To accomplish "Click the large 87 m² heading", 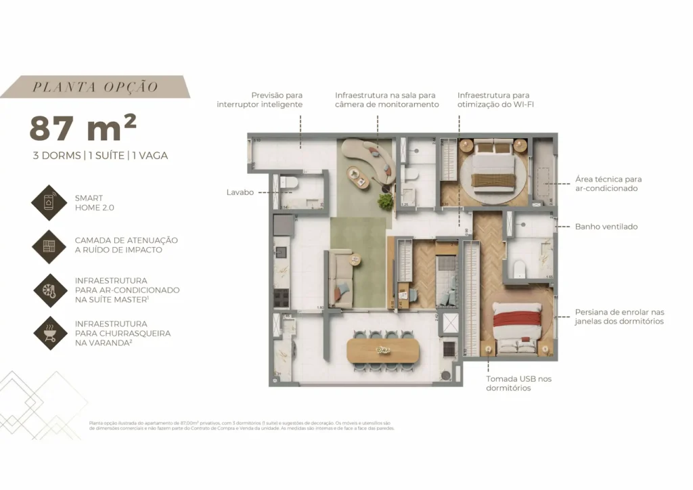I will pos(83,127).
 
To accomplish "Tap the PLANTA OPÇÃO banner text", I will pos(95,87).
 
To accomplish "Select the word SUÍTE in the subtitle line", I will pos(106,156).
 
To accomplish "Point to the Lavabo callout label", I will pos(240,192).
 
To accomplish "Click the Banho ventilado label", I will pos(606,227).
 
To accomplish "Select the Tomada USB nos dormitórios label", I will pos(518,383).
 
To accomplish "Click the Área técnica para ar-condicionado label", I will pos(608,183).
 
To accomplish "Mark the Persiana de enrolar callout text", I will pos(619,317).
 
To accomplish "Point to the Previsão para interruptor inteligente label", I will pos(260,100).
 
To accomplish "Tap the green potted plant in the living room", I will pos(386,201).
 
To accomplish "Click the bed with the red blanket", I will pos(517,325).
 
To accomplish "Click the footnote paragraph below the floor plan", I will pos(241,425).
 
